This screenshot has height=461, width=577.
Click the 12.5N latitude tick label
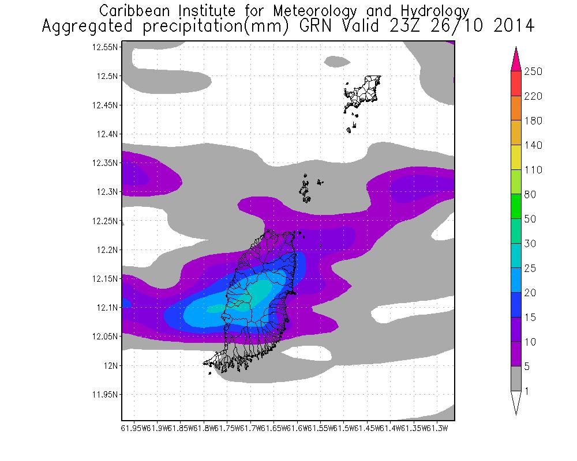(108, 76)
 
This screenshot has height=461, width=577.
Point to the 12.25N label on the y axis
(106, 221)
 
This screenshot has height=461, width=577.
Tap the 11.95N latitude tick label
(106, 395)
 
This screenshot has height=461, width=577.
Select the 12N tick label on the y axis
(111, 365)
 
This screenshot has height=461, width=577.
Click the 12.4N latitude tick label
(108, 134)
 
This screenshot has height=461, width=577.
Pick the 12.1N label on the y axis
(108, 308)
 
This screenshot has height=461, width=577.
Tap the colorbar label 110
(531, 170)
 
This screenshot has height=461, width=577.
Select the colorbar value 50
(530, 220)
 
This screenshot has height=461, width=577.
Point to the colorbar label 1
(526, 391)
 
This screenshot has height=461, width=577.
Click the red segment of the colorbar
(516, 84)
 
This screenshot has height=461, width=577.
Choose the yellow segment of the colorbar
(516, 157)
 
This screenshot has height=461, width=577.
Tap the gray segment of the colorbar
(516, 379)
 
